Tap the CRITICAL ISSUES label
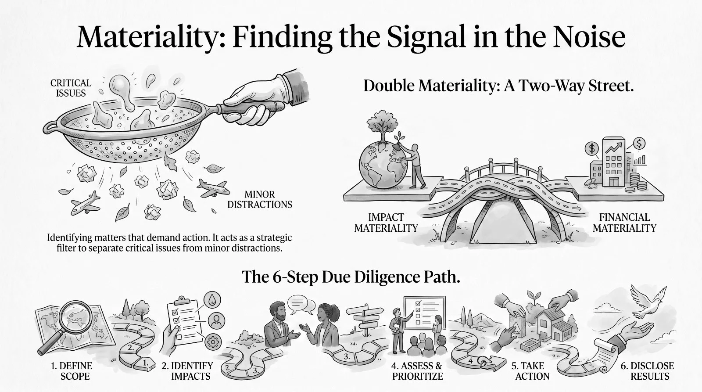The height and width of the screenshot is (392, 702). (71, 88)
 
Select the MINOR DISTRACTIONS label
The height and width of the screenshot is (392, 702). (260, 199)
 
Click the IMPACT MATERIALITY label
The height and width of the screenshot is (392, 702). (386, 223)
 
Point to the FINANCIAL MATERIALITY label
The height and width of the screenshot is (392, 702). (624, 223)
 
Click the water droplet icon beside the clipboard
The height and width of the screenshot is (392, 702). (212, 300)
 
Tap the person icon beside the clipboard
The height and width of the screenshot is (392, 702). (216, 320)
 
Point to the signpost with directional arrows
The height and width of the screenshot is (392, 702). (365, 320)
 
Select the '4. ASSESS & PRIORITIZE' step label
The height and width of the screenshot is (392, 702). (417, 371)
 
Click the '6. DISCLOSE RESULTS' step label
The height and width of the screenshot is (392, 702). (648, 371)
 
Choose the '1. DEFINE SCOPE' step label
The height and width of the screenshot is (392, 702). (72, 371)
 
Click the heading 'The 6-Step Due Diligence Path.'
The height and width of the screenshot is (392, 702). (351, 277)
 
